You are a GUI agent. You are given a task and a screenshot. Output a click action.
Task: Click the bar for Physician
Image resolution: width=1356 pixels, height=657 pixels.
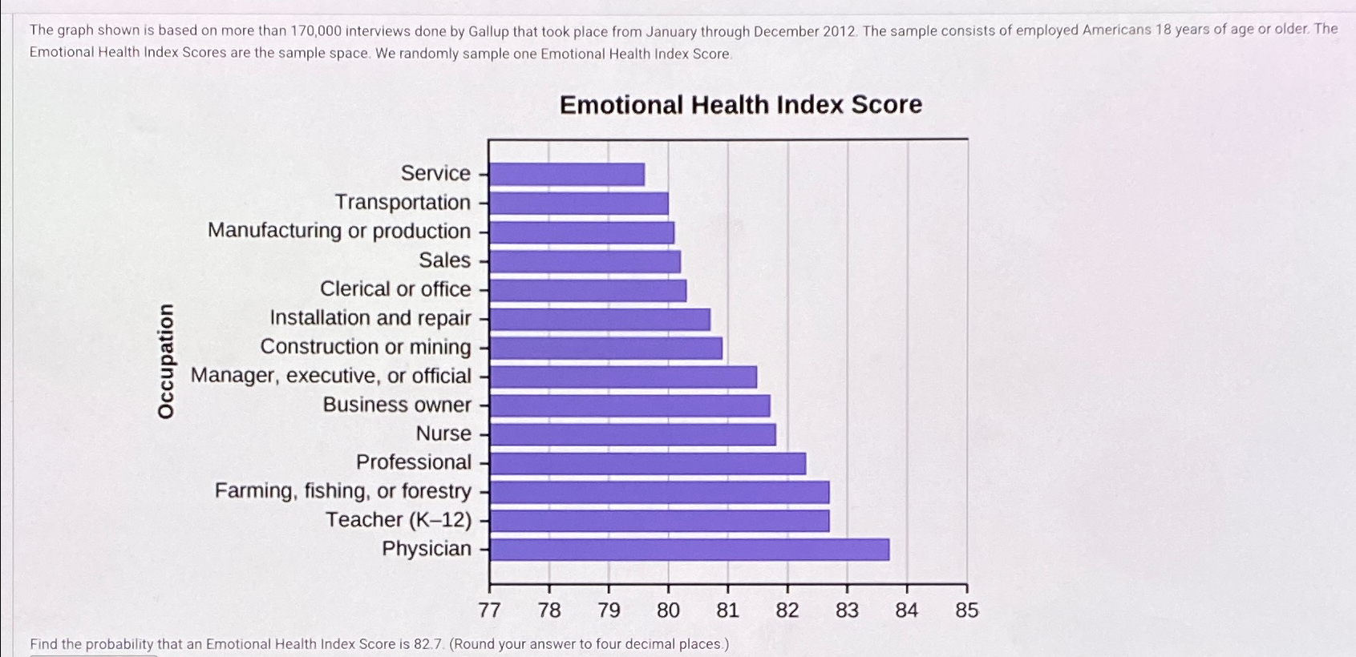[x=690, y=550]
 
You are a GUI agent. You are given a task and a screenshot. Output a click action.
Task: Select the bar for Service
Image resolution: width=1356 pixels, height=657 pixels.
[x=567, y=174]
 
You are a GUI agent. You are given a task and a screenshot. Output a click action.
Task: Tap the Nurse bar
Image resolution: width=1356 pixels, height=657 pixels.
[x=633, y=434]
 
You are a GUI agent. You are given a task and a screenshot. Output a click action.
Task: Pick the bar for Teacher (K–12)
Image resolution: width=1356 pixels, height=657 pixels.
[x=659, y=521]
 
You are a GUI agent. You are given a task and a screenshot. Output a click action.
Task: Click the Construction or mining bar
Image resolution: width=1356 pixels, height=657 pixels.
[x=606, y=348]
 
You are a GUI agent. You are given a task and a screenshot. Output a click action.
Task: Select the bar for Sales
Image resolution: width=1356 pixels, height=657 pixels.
[x=585, y=261]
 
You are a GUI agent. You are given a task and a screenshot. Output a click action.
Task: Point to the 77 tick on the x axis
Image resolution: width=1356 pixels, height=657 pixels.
[x=489, y=611]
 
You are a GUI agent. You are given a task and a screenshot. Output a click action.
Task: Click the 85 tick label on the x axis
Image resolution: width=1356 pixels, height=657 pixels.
[x=966, y=611]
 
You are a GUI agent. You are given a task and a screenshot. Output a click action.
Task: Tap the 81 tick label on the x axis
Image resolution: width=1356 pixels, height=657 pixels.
[x=727, y=611]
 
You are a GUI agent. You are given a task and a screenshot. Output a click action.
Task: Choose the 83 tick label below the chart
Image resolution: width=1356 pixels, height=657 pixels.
[x=847, y=611]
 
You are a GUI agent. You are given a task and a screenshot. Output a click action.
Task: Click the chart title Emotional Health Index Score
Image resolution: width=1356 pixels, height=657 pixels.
[x=740, y=105]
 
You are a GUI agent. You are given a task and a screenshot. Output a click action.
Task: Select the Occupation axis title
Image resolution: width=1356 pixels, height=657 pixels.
[x=166, y=361]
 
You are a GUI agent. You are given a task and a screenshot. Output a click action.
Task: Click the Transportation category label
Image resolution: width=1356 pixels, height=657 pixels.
[x=403, y=202]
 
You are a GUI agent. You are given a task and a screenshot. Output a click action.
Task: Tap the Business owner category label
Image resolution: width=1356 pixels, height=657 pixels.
[x=397, y=405]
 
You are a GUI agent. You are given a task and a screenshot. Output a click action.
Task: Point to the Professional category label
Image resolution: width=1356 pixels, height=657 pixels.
[x=414, y=462]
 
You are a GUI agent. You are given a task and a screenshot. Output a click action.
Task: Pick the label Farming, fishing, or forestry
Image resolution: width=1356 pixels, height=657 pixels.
[x=342, y=491]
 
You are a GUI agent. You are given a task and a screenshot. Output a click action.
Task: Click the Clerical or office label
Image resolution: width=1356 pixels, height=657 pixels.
[x=395, y=289]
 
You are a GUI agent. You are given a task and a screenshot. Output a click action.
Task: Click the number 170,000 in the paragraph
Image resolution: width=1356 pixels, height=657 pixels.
[x=316, y=31]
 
